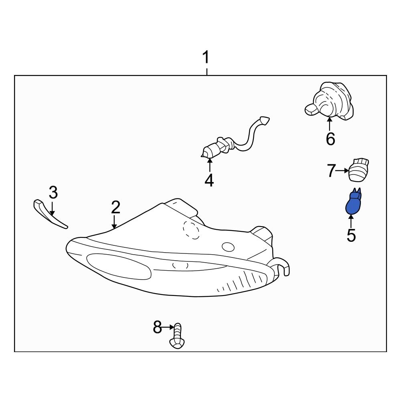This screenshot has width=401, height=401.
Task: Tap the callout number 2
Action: [115, 207]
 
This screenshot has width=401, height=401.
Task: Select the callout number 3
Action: [53, 192]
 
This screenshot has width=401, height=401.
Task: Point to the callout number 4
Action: [209, 180]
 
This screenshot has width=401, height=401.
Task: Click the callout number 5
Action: [351, 235]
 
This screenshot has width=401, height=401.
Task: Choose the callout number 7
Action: [331, 170]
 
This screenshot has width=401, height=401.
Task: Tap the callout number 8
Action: [157, 327]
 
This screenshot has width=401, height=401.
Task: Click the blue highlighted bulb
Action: [353, 202]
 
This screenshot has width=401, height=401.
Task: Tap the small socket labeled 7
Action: [359, 170]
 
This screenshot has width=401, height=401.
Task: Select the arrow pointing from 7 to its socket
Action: [342, 170]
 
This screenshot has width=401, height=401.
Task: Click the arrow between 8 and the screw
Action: [168, 327]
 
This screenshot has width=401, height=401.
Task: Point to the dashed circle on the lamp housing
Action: [191, 230]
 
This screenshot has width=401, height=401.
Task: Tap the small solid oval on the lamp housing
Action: [228, 247]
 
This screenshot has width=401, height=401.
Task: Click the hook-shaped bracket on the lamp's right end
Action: [284, 267]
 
